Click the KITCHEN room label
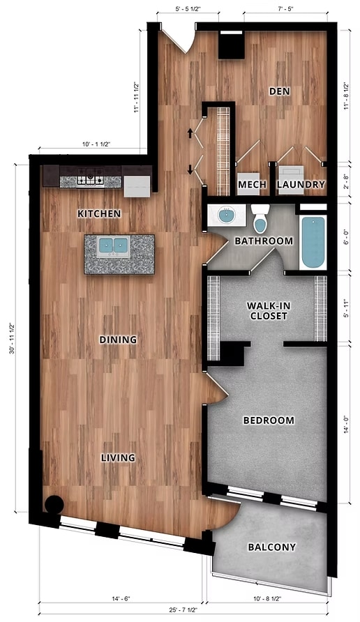coord(99,213)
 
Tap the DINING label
coord(117,340)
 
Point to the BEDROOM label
coord(268,420)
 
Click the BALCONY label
coord(271,547)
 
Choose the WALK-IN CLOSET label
coord(268,310)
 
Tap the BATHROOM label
coord(263,241)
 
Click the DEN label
coord(280,91)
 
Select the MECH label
coord(250,185)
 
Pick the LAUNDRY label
coord(301,185)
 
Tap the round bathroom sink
coord(227,215)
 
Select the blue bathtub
coord(314,242)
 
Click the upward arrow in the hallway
coord(190,131)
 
